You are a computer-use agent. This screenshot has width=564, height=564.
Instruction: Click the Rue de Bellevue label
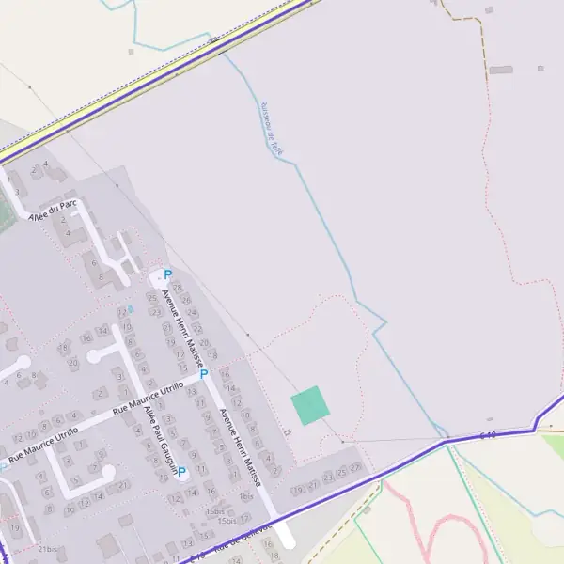pyautogui.click(x=243, y=540)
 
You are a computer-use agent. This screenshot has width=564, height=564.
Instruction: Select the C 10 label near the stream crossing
pyautogui.click(x=487, y=434)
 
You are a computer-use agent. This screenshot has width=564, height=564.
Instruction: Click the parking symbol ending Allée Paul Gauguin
pyautogui.click(x=182, y=473)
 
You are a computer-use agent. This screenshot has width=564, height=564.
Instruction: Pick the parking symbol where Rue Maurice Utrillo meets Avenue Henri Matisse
pyautogui.click(x=203, y=374)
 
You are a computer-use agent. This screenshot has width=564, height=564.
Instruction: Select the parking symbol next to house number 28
pyautogui.click(x=167, y=275)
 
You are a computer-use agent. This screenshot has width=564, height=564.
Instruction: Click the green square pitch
pyautogui.click(x=310, y=405)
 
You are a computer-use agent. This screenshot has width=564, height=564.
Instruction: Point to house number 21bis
pyautogui.click(x=49, y=549)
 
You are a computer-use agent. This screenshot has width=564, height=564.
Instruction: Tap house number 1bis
pyautogui.click(x=246, y=496)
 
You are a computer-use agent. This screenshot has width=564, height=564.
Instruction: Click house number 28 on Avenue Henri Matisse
pyautogui.click(x=178, y=289)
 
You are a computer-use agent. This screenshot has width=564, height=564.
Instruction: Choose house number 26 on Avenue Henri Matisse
pyautogui.click(x=186, y=301)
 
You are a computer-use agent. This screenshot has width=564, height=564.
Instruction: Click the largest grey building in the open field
pyautogui.click(x=501, y=70)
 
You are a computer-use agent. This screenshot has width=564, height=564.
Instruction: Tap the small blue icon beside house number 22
pyautogui.click(x=131, y=308)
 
